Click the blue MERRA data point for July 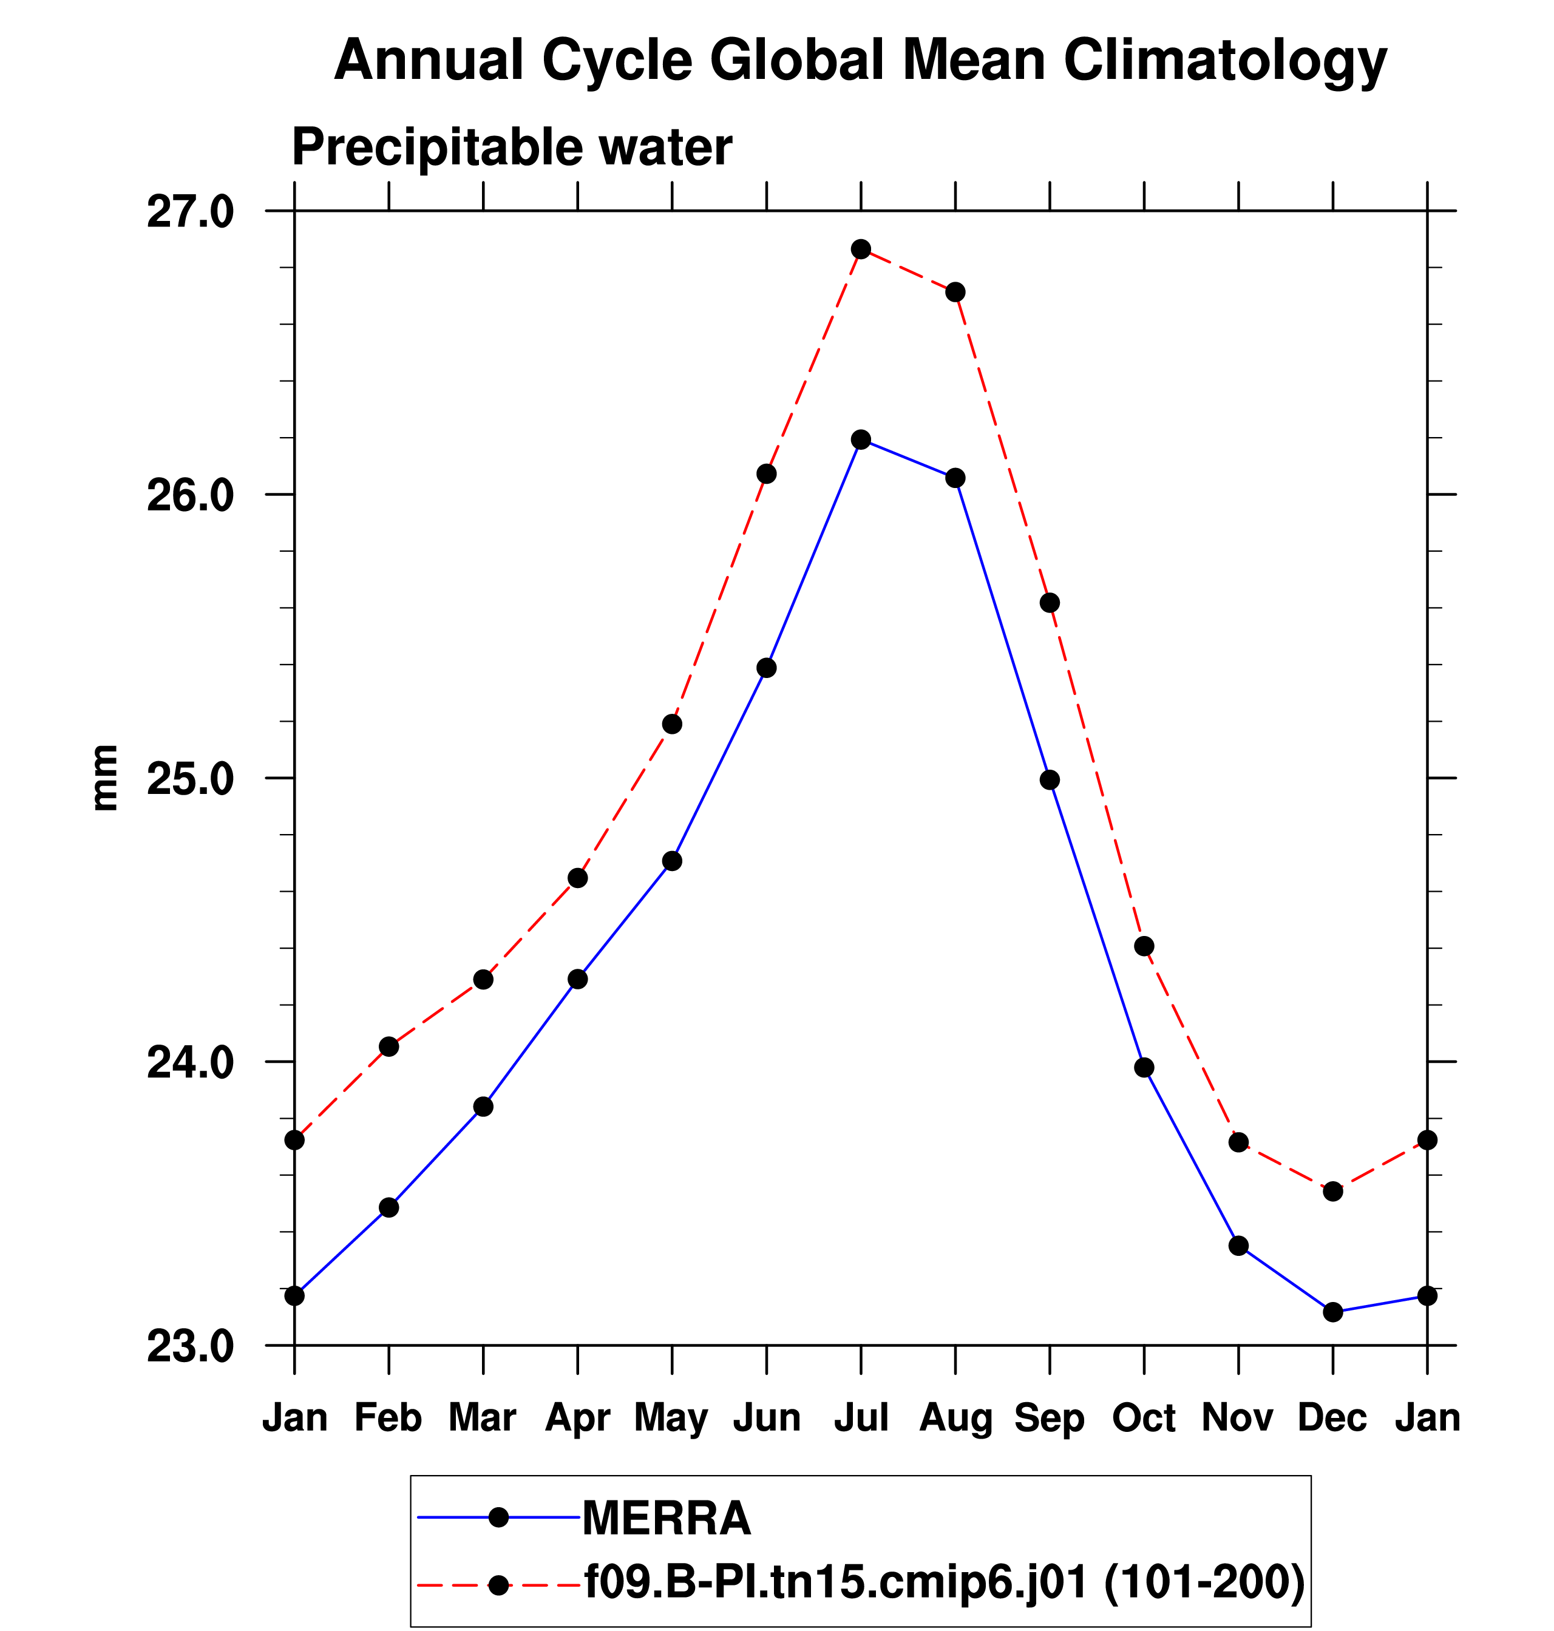pyautogui.click(x=861, y=439)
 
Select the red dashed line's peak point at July pyautogui.click(x=861, y=249)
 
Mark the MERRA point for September pyautogui.click(x=1050, y=779)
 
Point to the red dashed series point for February pyautogui.click(x=388, y=1047)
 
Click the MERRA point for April pyautogui.click(x=577, y=979)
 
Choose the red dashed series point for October pyautogui.click(x=1144, y=946)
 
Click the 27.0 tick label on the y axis pyautogui.click(x=191, y=213)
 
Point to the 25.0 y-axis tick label pyautogui.click(x=191, y=779)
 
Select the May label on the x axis pyautogui.click(x=671, y=1418)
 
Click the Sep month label pyautogui.click(x=1050, y=1418)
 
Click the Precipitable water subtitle pyautogui.click(x=512, y=148)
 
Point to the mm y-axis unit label pyautogui.click(x=105, y=778)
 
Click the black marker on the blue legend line pyautogui.click(x=498, y=1517)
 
